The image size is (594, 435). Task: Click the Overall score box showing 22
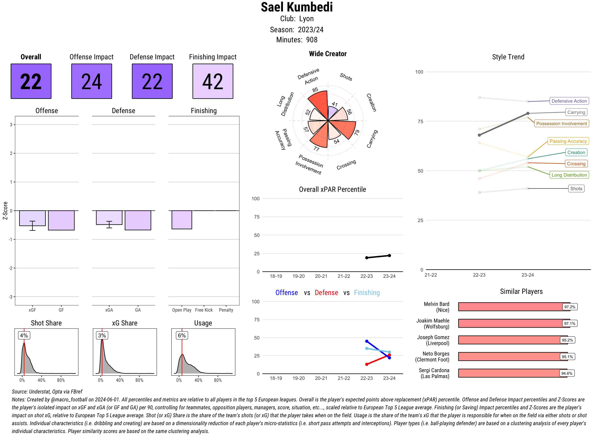pos(31,81)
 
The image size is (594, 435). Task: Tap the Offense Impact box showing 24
pos(91,81)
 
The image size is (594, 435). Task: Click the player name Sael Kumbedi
pos(297,7)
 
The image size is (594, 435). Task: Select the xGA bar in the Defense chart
pos(109,217)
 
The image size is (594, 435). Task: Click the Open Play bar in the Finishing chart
pos(182,220)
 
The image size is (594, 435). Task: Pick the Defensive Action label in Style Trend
pos(569,101)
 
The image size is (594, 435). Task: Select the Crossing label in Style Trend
pos(576,164)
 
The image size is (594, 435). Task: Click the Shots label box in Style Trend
pos(576,189)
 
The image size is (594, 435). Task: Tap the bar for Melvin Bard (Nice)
pos(514,307)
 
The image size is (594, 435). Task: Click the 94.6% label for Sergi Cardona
pos(567,373)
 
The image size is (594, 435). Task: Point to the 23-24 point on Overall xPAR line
pos(389,256)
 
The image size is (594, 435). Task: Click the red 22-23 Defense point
pos(366,364)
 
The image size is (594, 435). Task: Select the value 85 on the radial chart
pos(315,90)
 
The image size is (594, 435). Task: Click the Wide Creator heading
pos(327,54)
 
